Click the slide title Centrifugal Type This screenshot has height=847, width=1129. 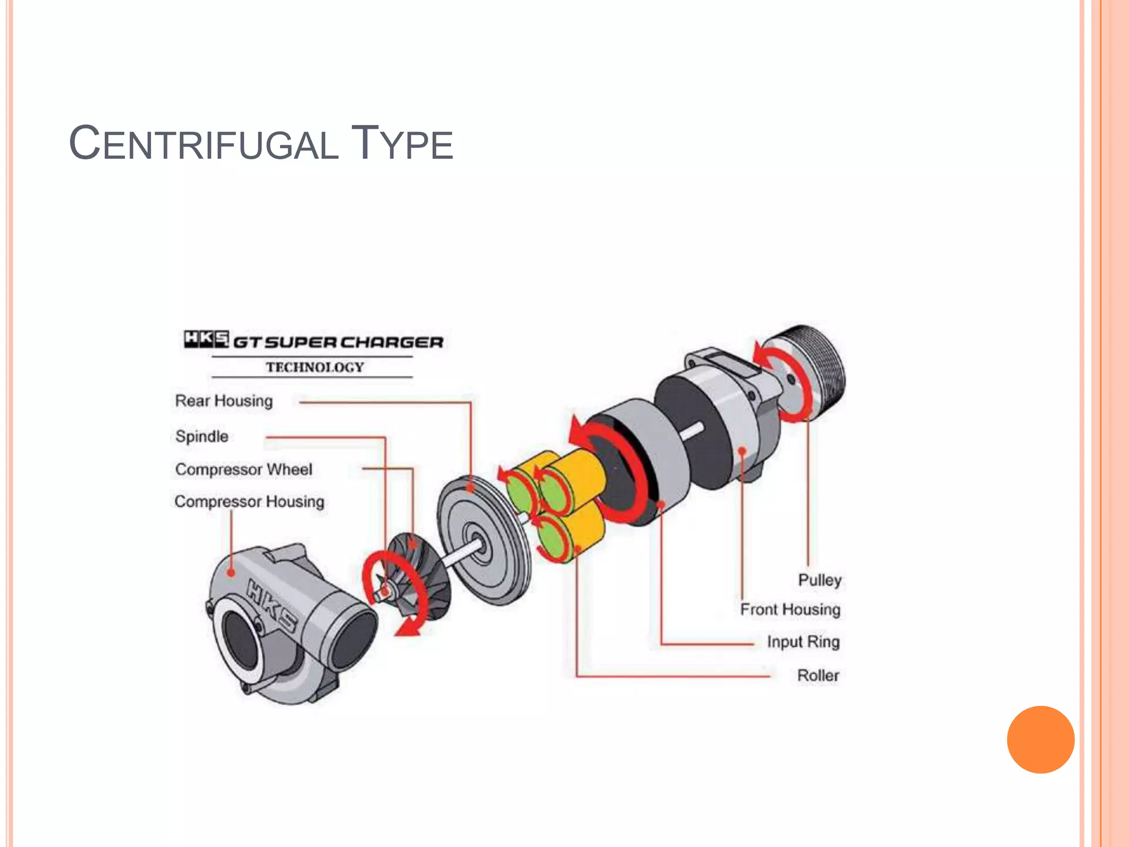click(x=261, y=143)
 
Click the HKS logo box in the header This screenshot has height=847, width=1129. click(x=206, y=339)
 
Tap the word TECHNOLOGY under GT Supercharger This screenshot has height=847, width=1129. click(x=315, y=367)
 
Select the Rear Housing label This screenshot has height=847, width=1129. click(x=224, y=401)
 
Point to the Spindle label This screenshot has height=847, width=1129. click(x=202, y=436)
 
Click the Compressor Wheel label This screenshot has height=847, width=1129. click(x=244, y=469)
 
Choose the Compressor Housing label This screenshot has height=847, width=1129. click(x=249, y=502)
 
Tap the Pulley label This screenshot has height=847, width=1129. click(x=820, y=580)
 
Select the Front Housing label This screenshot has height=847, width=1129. click(x=790, y=609)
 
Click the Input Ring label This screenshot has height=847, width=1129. click(x=803, y=642)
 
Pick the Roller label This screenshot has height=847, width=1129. click(x=818, y=676)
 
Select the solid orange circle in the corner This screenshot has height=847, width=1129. click(x=1040, y=739)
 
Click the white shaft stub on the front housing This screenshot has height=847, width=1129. click(x=692, y=432)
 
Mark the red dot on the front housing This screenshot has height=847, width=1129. click(x=742, y=451)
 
